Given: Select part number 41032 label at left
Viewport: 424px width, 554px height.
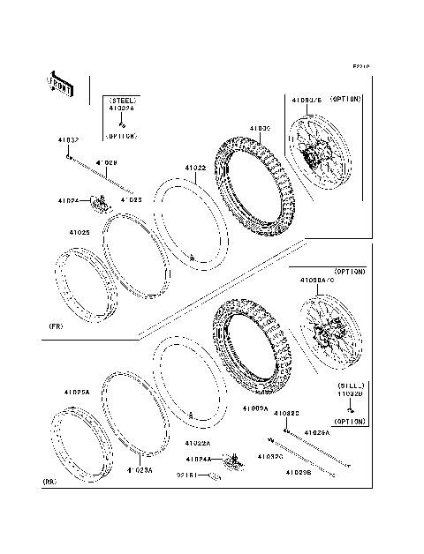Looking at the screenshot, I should click(x=68, y=140).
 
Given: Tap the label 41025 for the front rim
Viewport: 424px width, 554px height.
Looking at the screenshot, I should click(x=79, y=232).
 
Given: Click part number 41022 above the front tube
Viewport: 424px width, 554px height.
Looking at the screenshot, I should click(x=195, y=168).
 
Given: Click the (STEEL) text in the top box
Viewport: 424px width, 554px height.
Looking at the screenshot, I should click(x=122, y=101).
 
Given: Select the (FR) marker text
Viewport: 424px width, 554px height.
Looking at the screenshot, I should click(x=55, y=326).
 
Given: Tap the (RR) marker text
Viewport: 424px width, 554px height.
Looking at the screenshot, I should click(x=51, y=482).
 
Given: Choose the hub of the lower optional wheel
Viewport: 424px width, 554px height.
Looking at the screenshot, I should click(x=331, y=335).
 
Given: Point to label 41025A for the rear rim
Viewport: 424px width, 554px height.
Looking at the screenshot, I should click(x=75, y=391).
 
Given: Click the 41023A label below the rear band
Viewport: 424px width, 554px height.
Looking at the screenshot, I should click(x=139, y=470).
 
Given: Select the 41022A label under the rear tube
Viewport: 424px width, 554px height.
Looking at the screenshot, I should click(x=197, y=443).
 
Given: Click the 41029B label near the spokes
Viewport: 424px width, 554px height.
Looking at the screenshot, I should click(x=297, y=473).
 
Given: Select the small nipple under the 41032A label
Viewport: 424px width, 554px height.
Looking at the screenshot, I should click(x=122, y=124).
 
